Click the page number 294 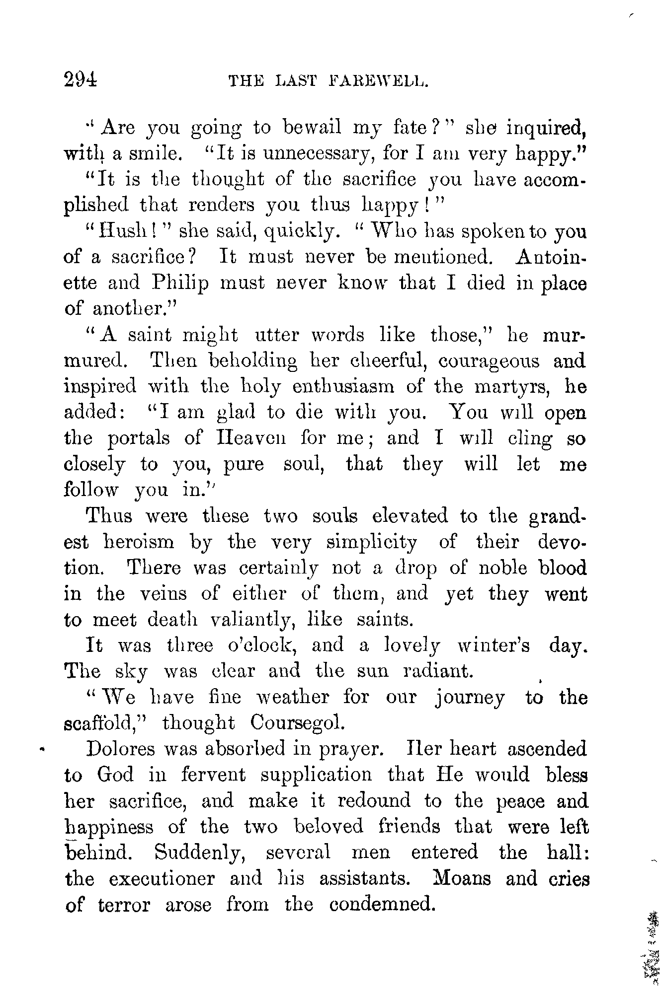(81, 79)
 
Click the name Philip (180, 283)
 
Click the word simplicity (371, 542)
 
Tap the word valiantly (251, 620)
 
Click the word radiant (437, 671)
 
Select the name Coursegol (297, 723)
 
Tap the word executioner (162, 878)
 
